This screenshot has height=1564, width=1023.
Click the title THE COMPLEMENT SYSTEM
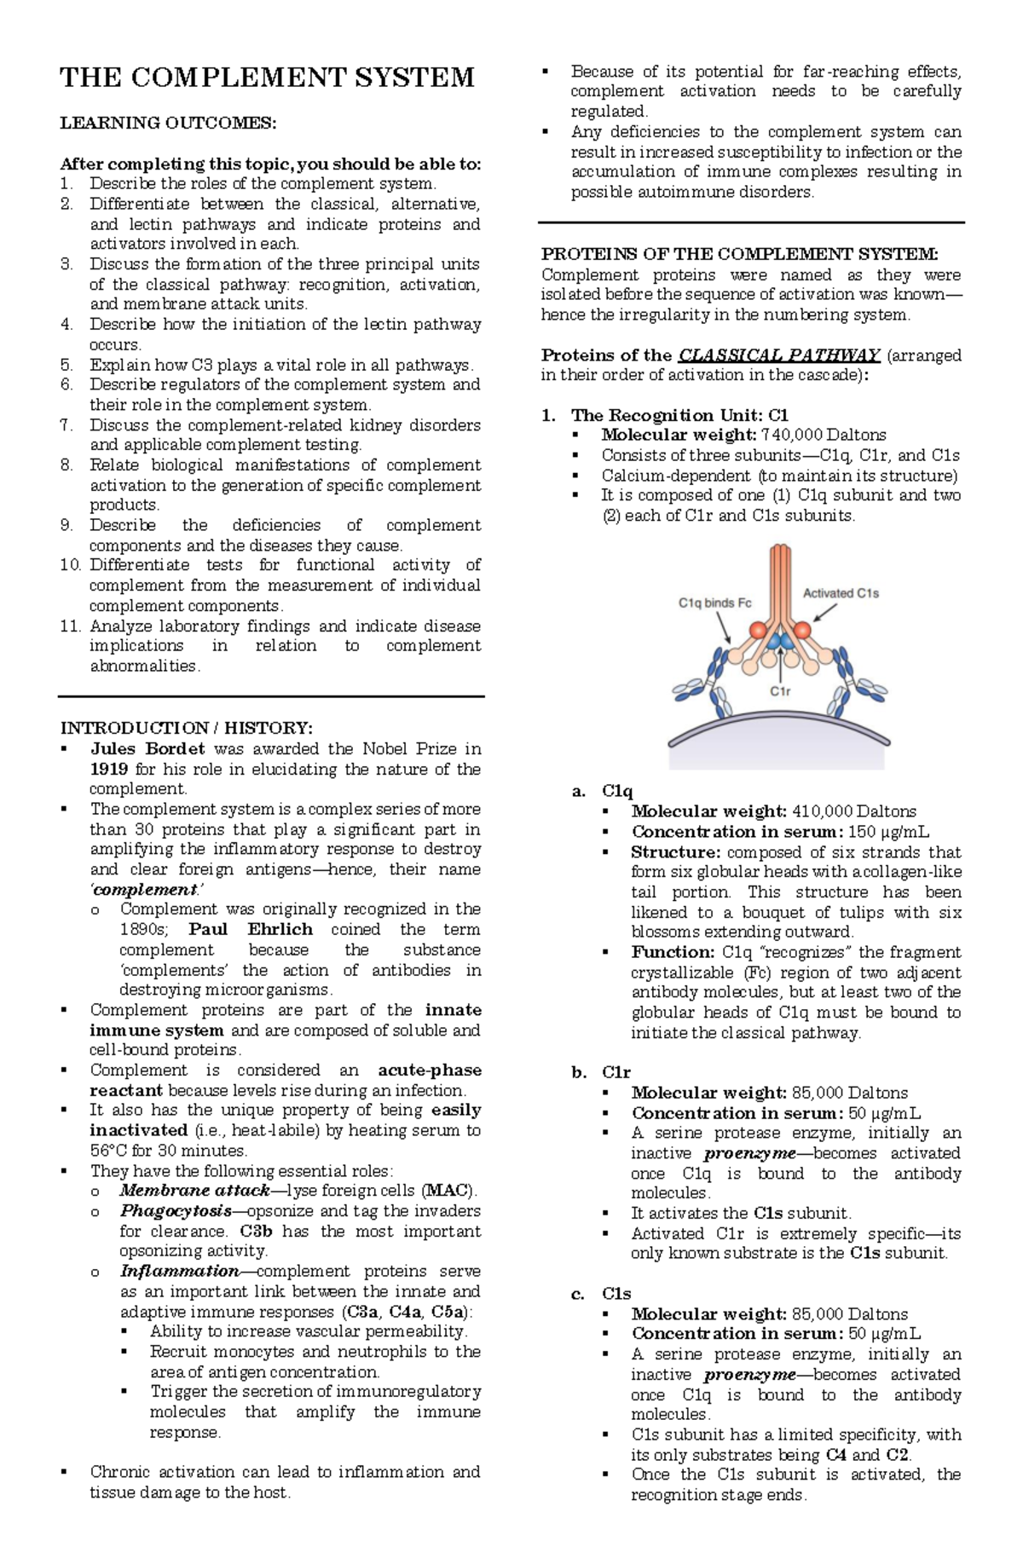tap(267, 78)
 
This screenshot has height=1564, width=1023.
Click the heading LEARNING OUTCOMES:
tap(168, 123)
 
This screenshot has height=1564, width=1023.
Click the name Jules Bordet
tap(147, 749)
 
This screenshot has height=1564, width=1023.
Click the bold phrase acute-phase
tap(430, 1070)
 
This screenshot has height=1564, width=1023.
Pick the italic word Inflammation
tap(180, 1271)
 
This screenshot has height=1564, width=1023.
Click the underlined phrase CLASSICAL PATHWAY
tap(779, 355)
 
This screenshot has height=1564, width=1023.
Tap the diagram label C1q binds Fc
tap(714, 603)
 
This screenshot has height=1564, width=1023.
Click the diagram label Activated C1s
tap(841, 593)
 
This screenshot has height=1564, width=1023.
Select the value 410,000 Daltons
tap(854, 811)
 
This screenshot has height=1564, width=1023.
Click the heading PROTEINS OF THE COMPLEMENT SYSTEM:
tap(739, 254)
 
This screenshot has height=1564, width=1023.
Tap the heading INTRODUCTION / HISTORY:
tap(187, 728)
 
